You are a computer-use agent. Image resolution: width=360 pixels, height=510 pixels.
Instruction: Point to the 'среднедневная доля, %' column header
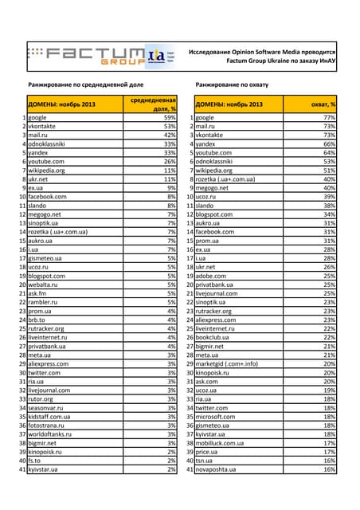pyautogui.click(x=154, y=104)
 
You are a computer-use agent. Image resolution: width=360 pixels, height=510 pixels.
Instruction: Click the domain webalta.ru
pyautogui.click(x=47, y=284)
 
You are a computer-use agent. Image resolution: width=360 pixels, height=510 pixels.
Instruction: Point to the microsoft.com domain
pyautogui.click(x=217, y=416)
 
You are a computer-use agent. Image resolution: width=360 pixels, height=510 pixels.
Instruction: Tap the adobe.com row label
pyautogui.click(x=213, y=276)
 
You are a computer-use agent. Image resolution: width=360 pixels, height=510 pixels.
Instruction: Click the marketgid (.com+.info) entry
pyautogui.click(x=227, y=363)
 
